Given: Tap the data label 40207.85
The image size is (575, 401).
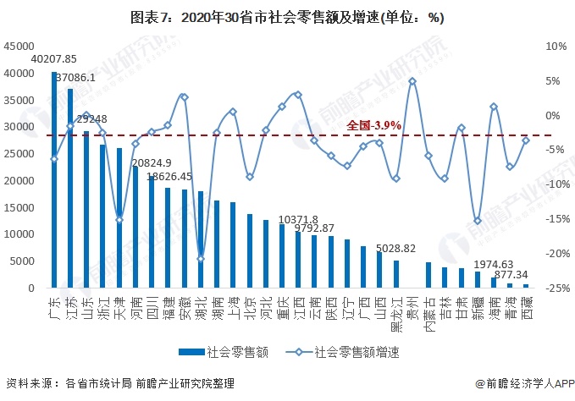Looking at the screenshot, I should pyautogui.click(x=53, y=59).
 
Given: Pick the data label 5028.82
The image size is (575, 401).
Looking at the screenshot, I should pyautogui.click(x=396, y=248).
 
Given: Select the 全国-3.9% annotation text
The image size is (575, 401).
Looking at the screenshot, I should pyautogui.click(x=373, y=125).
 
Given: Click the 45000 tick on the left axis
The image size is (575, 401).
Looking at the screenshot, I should pyautogui.click(x=20, y=46).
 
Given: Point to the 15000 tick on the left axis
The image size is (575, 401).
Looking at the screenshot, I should pyautogui.click(x=20, y=207).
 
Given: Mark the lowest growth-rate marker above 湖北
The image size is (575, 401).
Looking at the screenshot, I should pyautogui.click(x=201, y=259).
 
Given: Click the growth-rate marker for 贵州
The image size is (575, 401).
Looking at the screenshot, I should pyautogui.click(x=412, y=81).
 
